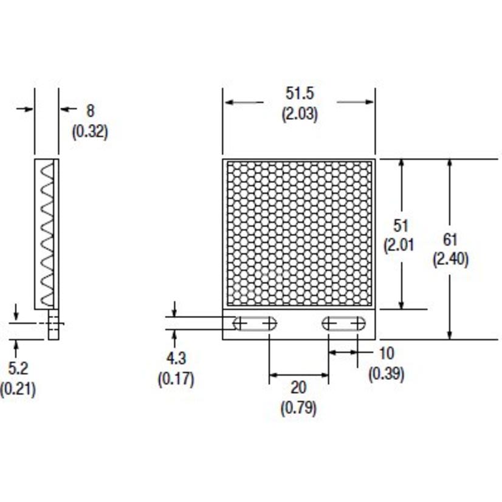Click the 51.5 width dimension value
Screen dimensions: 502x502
300,94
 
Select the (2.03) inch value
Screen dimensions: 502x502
299,114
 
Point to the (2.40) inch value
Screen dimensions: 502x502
450,260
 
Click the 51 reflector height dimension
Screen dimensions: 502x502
401,225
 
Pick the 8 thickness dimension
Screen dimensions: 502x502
91,111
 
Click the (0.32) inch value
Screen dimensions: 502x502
90,131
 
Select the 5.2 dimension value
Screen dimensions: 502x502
18,368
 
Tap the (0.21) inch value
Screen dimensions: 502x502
18,388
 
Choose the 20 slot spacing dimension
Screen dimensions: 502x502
298,388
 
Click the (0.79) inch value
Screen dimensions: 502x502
298,408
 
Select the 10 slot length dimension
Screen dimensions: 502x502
386,353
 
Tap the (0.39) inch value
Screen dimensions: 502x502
386,373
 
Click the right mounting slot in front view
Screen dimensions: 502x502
343,323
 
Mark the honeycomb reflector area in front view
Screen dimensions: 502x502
298,234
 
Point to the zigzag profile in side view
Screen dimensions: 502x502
47,234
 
